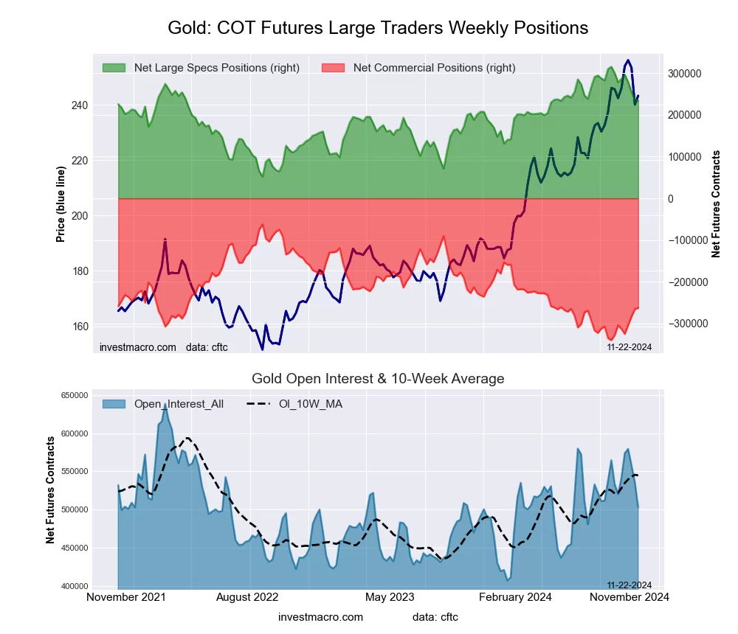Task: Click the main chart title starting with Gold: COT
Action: pos(378,28)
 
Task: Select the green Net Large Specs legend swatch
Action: pos(114,68)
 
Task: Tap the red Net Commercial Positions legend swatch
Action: pos(334,68)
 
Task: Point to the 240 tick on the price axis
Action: pos(79,105)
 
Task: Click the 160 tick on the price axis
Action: pos(79,327)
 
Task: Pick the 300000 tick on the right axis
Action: pos(683,74)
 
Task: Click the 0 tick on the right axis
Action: pos(671,199)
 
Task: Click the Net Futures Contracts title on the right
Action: pos(716,204)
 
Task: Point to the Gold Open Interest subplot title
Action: pos(378,379)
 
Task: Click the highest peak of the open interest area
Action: pos(165,405)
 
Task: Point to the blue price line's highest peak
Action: pos(628,60)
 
